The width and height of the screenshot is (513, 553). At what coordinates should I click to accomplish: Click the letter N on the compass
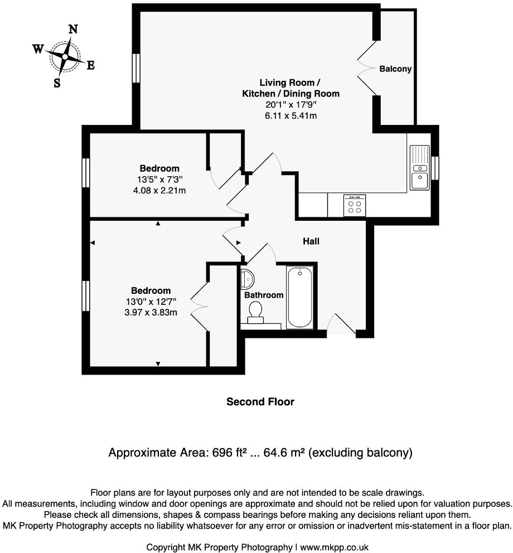[x=72, y=30]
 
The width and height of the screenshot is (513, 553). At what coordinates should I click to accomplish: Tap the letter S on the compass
[x=57, y=83]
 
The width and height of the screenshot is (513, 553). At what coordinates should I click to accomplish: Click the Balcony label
[x=395, y=69]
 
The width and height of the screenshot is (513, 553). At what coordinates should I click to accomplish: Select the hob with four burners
[x=355, y=205]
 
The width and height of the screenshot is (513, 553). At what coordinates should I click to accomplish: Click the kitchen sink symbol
[x=419, y=168]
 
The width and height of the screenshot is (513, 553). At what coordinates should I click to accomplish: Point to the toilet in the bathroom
[x=256, y=312]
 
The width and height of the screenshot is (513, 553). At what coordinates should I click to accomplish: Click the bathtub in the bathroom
[x=301, y=297]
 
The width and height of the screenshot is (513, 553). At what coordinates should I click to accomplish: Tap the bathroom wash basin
[x=246, y=276]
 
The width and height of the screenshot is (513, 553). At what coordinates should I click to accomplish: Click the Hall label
[x=311, y=241]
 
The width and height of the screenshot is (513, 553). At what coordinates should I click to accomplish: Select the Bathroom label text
[x=264, y=295]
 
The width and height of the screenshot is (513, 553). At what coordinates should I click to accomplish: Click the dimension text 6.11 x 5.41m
[x=291, y=115]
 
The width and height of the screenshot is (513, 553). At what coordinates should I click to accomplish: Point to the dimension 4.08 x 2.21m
[x=159, y=190]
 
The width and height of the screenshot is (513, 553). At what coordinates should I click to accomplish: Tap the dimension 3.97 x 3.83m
[x=151, y=312]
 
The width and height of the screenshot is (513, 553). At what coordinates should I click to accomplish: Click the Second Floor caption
[x=260, y=401]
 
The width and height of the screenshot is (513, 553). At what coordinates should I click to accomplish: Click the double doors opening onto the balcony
[x=365, y=69]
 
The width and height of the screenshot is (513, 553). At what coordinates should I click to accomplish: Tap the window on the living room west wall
[x=135, y=69]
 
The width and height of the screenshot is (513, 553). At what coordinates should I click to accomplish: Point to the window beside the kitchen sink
[x=435, y=168]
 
